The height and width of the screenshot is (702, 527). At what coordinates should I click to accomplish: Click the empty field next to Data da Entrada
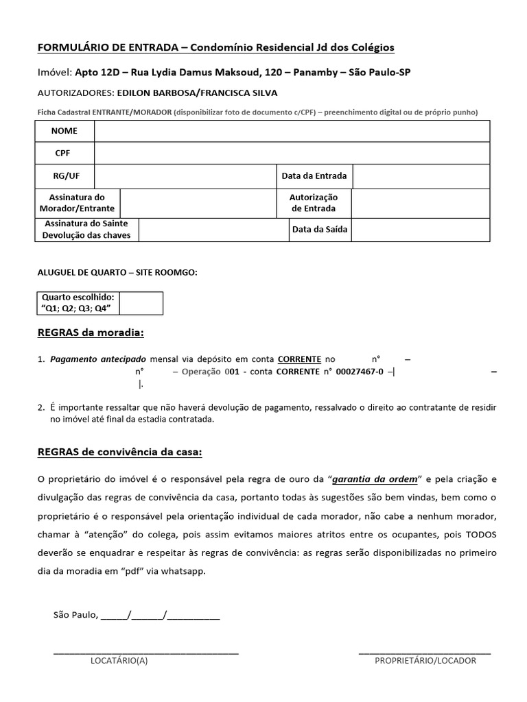[421, 176]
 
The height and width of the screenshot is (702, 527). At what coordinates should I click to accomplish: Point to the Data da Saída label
[320, 230]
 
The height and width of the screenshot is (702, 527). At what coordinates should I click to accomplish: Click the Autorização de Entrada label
[314, 203]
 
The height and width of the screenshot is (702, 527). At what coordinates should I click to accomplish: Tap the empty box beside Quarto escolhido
[141, 303]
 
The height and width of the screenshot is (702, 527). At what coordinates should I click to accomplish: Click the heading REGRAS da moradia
[90, 333]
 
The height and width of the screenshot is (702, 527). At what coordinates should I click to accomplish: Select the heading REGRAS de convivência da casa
[119, 452]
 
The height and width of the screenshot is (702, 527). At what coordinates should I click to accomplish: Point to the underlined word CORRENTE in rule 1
[299, 359]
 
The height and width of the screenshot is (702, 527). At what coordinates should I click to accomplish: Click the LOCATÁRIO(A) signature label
[119, 661]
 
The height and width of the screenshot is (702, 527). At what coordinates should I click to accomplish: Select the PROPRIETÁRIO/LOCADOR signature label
[425, 661]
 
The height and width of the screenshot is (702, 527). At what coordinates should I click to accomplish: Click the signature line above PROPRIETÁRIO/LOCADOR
[425, 651]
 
